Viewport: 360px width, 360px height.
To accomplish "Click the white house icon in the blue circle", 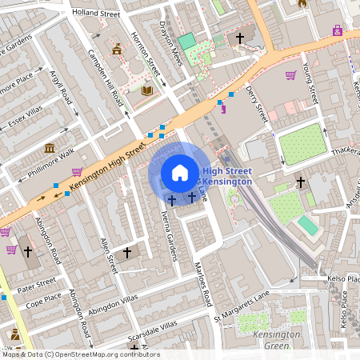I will point(180,172).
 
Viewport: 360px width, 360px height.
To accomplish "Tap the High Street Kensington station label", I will point(227,176).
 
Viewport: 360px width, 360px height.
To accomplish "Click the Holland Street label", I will point(95,14).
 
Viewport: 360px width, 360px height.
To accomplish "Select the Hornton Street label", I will point(147,61).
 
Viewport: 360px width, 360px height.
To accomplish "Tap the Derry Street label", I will point(256,104).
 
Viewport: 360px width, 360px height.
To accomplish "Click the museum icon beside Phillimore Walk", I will point(50,148).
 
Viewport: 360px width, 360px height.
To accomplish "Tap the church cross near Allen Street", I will point(126,253).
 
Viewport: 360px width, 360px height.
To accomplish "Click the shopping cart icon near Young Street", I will point(290,75).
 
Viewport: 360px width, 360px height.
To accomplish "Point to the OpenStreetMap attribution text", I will point(81,354).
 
